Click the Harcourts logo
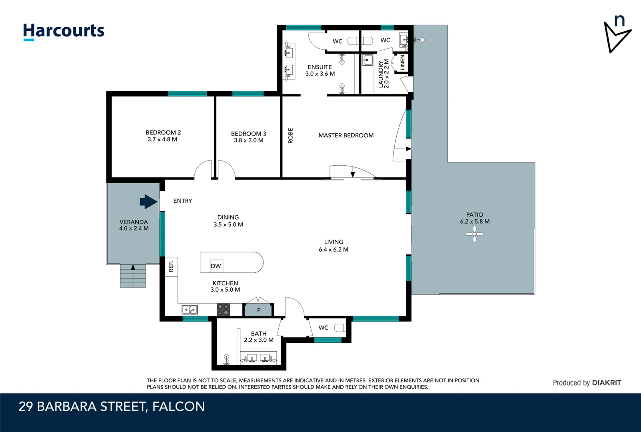(64, 31)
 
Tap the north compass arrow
(616, 36)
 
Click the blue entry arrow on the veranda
(148, 202)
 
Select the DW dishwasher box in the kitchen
(216, 266)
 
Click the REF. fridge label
(171, 266)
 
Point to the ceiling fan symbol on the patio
(475, 234)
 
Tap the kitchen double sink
(190, 310)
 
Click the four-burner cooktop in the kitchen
(223, 310)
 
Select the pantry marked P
(259, 310)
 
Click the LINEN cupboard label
(402, 63)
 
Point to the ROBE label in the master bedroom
(291, 136)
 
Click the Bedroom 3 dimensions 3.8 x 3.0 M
(249, 140)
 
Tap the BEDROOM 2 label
(163, 132)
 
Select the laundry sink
(367, 60)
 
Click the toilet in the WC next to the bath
(339, 328)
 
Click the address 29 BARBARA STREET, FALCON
(112, 406)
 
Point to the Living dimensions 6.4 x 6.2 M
(333, 250)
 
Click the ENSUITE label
(320, 67)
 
